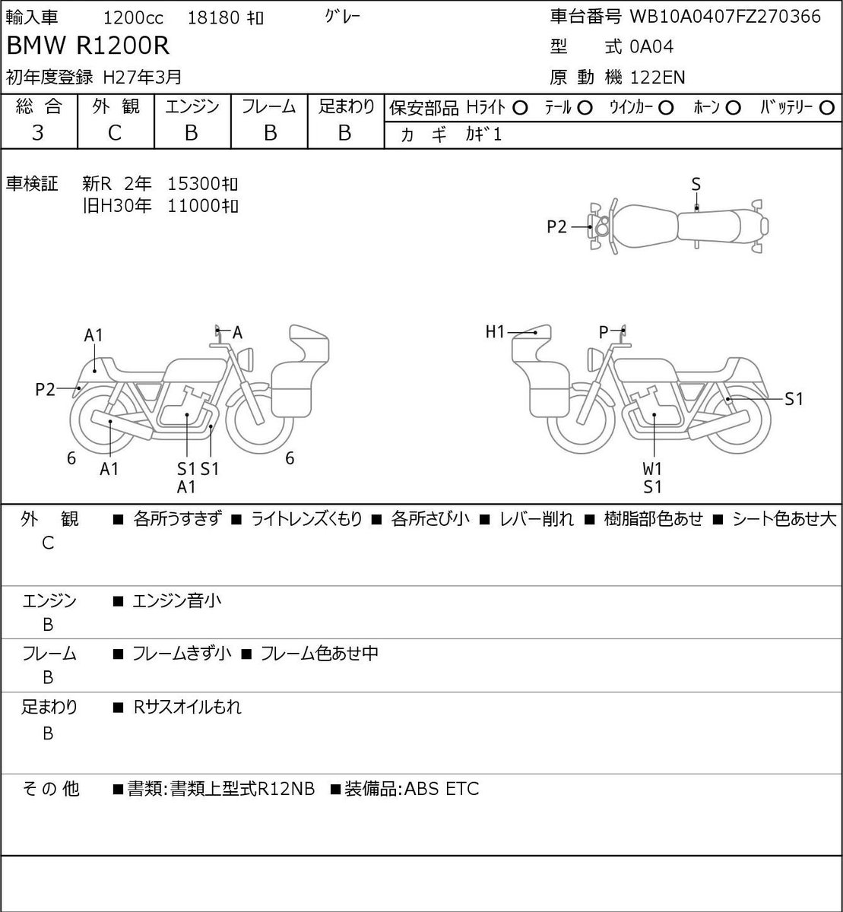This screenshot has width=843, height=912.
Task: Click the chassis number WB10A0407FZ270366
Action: coord(724,17)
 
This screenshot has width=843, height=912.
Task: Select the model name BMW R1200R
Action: coord(87,46)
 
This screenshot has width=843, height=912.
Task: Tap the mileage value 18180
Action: coord(214,18)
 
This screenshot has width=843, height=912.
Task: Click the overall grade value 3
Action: coord(38,133)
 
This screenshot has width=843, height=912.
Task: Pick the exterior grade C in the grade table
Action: coord(114,133)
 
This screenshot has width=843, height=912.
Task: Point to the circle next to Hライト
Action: coord(520,109)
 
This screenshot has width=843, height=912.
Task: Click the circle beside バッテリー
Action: coord(826,109)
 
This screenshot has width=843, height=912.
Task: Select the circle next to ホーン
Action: coord(733,109)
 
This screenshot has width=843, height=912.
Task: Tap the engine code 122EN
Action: coord(658,78)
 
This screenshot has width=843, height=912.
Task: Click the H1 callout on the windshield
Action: coord(495,331)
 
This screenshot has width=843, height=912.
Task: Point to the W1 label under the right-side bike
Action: coord(652,469)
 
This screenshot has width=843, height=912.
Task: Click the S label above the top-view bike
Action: coord(696,185)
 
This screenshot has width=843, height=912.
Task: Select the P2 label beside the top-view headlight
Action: coord(556,226)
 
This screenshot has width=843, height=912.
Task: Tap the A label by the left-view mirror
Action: coord(237,332)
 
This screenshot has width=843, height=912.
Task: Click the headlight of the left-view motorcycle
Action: coord(246,360)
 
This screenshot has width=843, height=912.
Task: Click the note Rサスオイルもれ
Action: coord(187,707)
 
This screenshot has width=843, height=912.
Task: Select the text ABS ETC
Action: coord(442,789)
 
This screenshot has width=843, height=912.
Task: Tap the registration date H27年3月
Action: coord(142,78)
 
